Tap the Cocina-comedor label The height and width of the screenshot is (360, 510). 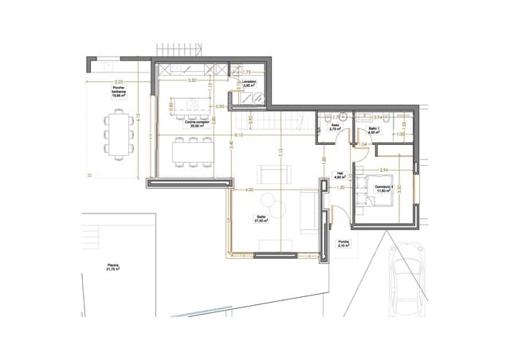point(195,125)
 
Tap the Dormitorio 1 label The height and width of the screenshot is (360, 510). point(385,188)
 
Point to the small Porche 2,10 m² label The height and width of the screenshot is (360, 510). point(343,245)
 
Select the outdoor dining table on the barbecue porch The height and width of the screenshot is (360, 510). point(120,133)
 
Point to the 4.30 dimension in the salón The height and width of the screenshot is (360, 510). point(249,190)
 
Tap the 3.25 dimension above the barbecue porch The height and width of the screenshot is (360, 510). point(118,81)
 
